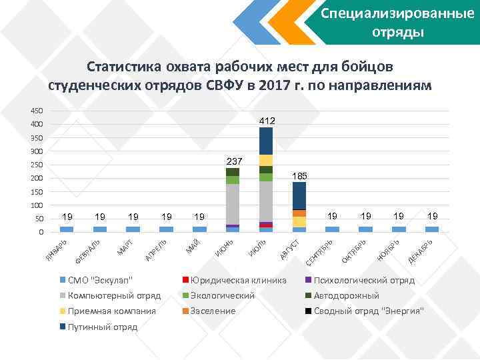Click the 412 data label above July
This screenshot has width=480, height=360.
point(266,121)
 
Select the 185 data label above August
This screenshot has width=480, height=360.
point(299,176)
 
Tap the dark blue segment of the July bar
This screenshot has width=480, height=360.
point(266,141)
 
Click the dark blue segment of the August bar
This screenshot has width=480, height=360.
point(299,195)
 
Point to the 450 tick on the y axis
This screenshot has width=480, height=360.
point(37,110)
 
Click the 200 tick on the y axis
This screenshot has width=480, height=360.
point(37,179)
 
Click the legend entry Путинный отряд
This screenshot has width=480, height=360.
point(103,327)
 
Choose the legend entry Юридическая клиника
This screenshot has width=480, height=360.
point(238,280)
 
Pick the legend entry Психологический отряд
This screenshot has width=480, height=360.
point(363,280)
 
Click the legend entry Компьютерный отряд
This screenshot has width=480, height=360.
point(114,295)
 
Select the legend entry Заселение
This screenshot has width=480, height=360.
point(213,311)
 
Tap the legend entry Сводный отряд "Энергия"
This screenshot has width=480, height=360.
point(368,311)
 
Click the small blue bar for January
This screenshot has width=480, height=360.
point(67,229)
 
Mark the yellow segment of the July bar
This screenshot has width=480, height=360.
point(266,160)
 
